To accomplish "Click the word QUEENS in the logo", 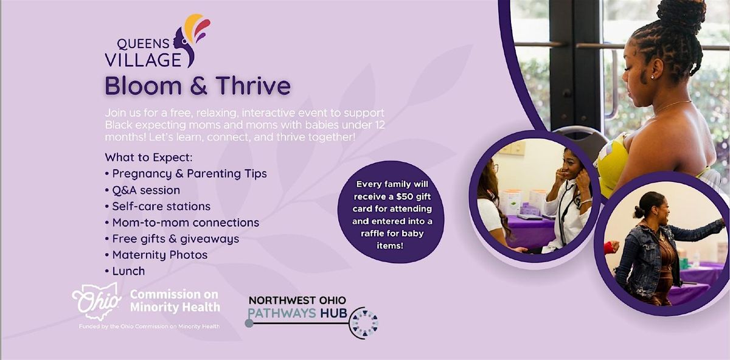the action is click(143, 44).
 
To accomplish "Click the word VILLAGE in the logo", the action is click(143, 60).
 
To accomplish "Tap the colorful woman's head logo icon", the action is click(192, 40).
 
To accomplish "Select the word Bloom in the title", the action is click(143, 86).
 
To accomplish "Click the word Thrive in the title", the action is click(253, 86).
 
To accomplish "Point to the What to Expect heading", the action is click(148, 157).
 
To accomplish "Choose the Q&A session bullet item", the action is click(146, 190).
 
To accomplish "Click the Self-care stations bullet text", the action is click(161, 206).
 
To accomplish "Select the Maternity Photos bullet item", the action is click(159, 255).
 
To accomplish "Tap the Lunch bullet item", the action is click(128, 271).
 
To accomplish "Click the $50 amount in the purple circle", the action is click(405, 196).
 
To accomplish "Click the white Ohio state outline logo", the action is click(97, 302).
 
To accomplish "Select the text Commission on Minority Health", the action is click(175, 300).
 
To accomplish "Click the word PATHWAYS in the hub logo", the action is click(282, 313).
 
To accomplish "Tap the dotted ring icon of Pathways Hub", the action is click(364, 323).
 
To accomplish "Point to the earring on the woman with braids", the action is click(652, 77).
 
